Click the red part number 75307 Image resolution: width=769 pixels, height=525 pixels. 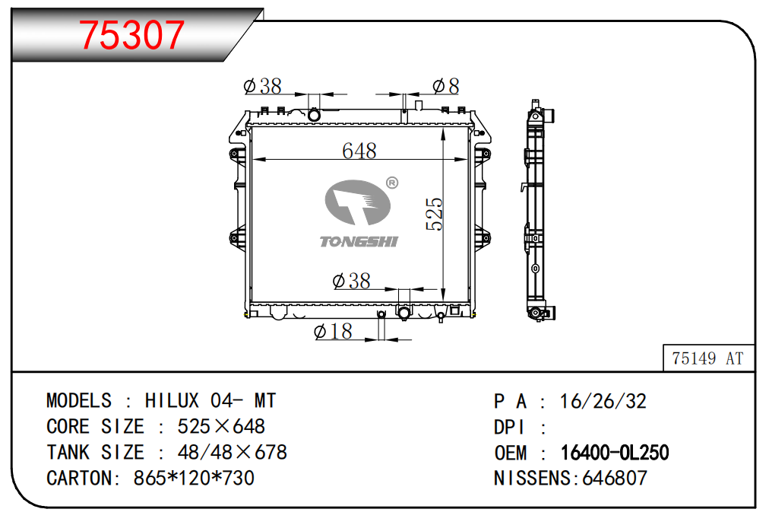(x=131, y=35)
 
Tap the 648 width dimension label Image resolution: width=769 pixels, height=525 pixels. (x=359, y=151)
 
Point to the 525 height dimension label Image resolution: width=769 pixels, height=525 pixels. (x=434, y=214)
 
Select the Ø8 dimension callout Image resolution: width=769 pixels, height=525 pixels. (x=446, y=87)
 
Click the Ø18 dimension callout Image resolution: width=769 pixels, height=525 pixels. (x=333, y=331)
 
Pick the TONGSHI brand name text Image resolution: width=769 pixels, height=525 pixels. (x=359, y=241)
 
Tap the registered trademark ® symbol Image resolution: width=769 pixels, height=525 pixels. (x=392, y=183)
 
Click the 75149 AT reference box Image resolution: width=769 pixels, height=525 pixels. (x=707, y=358)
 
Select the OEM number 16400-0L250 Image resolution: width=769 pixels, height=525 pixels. (x=615, y=452)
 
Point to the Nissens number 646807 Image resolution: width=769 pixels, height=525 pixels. (x=615, y=478)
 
